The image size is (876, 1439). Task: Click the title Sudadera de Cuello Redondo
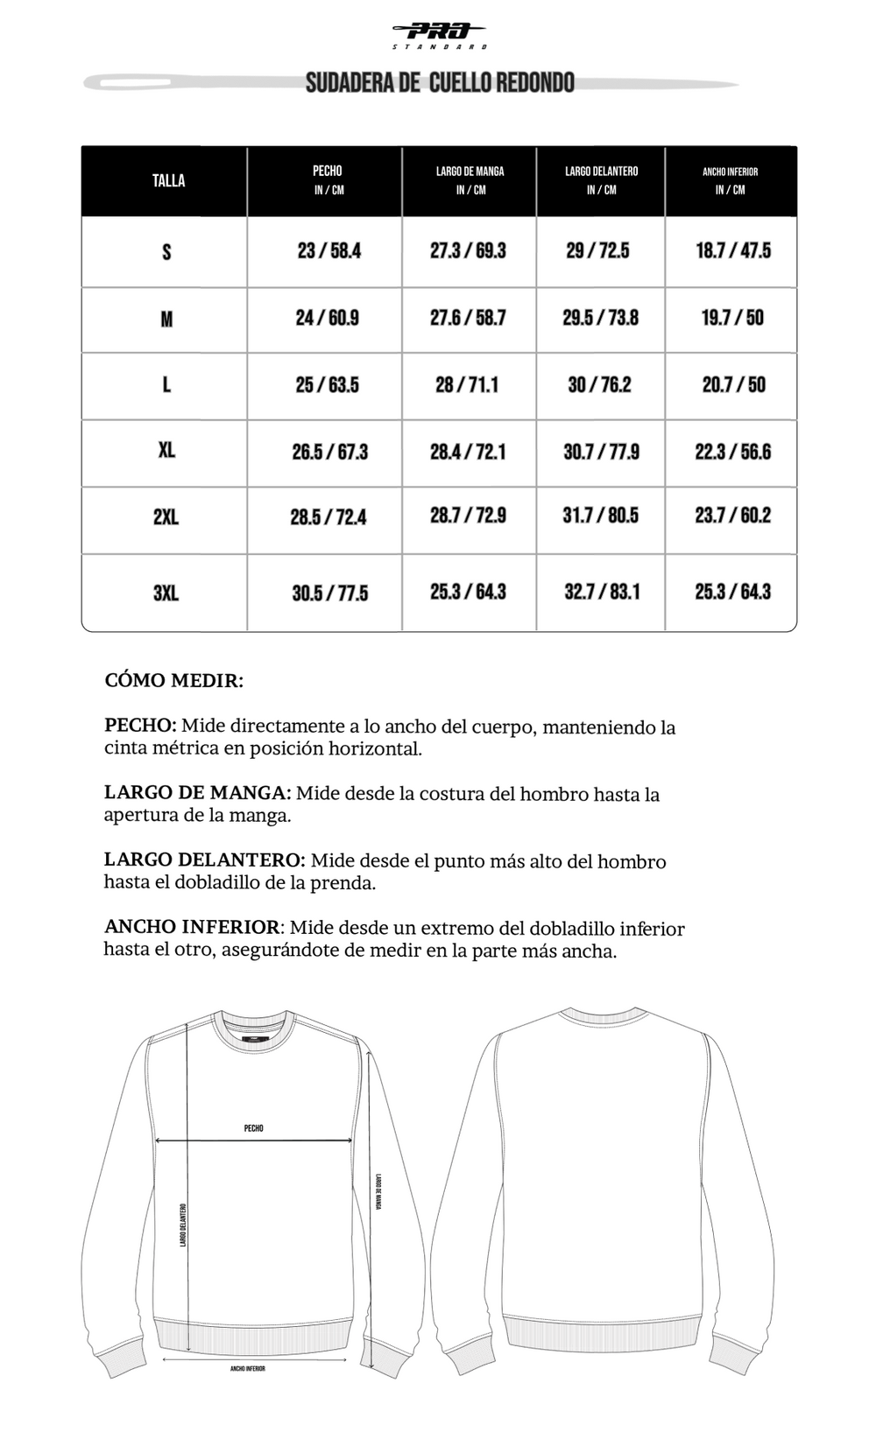point(440,83)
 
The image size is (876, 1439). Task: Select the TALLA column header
point(168,181)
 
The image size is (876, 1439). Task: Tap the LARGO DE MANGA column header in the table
point(470,180)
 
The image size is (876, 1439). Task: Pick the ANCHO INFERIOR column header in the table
point(730,180)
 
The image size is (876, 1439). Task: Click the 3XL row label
point(166,593)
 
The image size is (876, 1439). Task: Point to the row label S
point(166,252)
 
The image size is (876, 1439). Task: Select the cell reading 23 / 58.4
point(328,251)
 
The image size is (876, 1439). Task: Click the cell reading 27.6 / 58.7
point(468,318)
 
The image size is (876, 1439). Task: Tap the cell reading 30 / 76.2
point(599,385)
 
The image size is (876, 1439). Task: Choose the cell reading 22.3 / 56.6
point(732,452)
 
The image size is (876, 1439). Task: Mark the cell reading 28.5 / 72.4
point(328,517)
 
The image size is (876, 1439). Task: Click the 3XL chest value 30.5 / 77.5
point(329,593)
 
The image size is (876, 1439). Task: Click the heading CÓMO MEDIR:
point(173,681)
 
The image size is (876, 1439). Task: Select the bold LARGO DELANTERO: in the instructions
point(204,860)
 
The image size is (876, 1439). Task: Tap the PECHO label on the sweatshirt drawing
point(254,1128)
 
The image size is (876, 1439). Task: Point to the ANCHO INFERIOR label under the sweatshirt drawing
point(248,1368)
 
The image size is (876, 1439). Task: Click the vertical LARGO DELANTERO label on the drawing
point(183,1225)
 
